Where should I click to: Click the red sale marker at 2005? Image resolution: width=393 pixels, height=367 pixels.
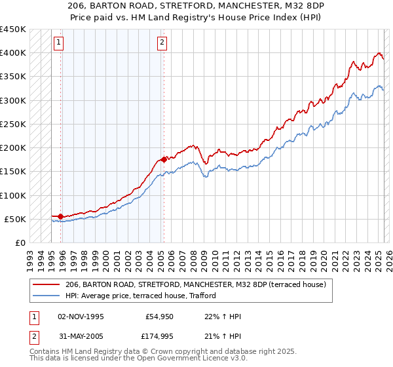164,159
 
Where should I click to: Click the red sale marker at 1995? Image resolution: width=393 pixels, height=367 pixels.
61,216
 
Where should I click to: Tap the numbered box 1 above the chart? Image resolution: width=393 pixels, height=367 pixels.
59,43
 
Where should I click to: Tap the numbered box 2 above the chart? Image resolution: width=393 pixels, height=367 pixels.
162,43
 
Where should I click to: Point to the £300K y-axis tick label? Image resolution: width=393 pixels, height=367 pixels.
13,100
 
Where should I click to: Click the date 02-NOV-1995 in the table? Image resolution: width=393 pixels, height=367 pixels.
81,317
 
